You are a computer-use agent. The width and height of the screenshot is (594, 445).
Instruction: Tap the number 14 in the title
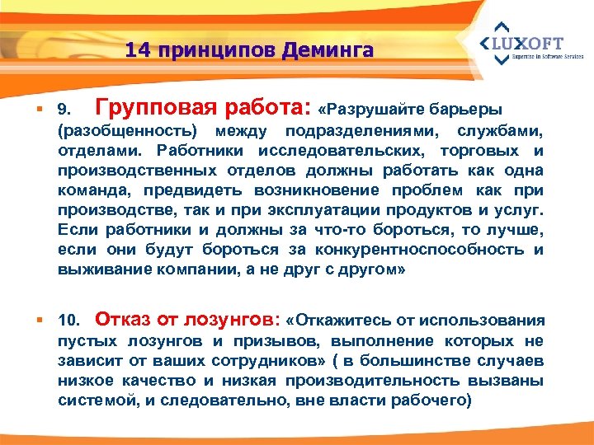coord(138,51)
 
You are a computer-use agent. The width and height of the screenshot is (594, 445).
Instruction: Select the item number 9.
coord(67,110)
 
